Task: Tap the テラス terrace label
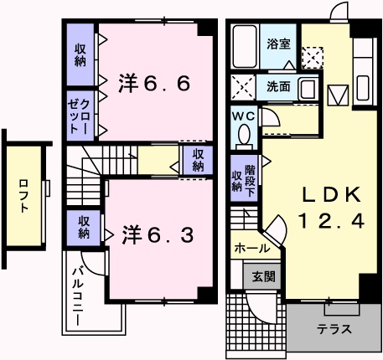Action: (x=333, y=327)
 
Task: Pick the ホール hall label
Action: (x=252, y=249)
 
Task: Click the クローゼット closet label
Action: (x=80, y=115)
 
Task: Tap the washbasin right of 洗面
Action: (x=306, y=88)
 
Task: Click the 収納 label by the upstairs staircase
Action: (x=198, y=159)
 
